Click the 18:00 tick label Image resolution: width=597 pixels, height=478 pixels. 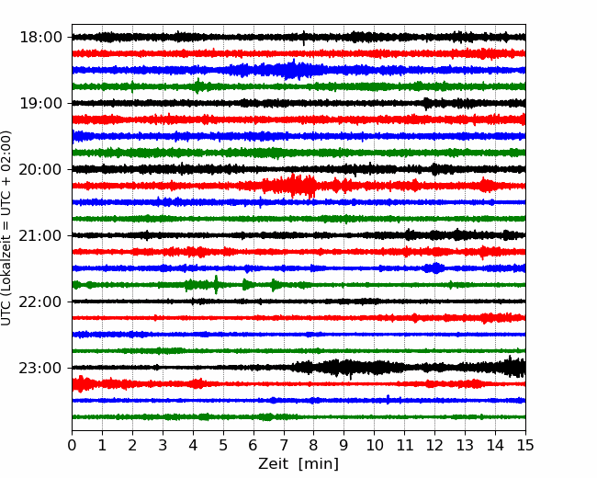(40, 38)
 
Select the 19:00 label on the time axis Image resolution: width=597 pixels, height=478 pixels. (40, 103)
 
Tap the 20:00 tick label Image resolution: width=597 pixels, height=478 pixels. (40, 169)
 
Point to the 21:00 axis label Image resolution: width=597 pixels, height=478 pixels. (40, 235)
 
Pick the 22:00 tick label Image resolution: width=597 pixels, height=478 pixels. (40, 302)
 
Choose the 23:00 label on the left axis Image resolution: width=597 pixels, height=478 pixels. (40, 368)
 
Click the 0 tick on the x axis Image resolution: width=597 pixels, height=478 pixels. (72, 445)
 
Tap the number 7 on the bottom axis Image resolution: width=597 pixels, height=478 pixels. (284, 445)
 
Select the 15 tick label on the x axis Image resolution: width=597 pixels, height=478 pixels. (525, 445)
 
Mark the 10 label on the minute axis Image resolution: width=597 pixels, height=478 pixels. (374, 445)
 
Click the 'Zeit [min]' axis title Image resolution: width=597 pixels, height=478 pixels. (298, 464)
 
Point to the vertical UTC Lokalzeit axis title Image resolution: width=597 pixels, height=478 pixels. (6, 228)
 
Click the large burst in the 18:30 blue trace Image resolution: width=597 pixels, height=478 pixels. (291, 70)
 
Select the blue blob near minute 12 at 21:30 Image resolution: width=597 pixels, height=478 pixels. (434, 268)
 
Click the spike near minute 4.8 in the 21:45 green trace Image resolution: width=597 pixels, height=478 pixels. (216, 285)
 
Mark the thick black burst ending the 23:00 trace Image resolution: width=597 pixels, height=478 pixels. (514, 367)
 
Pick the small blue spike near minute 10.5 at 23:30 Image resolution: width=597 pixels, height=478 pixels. (388, 399)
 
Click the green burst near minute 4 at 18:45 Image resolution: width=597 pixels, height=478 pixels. (197, 85)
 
